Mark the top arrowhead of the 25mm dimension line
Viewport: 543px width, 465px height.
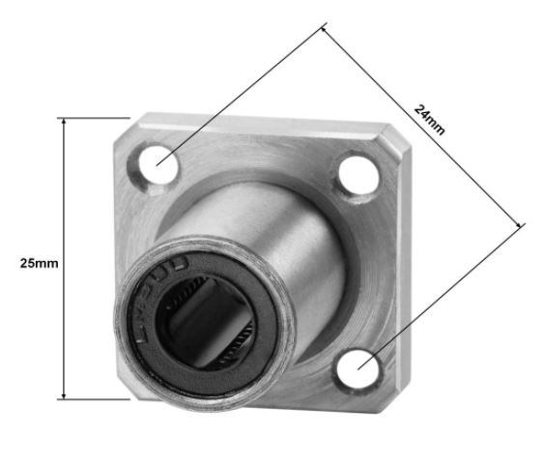coord(64,122)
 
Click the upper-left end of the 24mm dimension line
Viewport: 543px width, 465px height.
coord(324,29)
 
